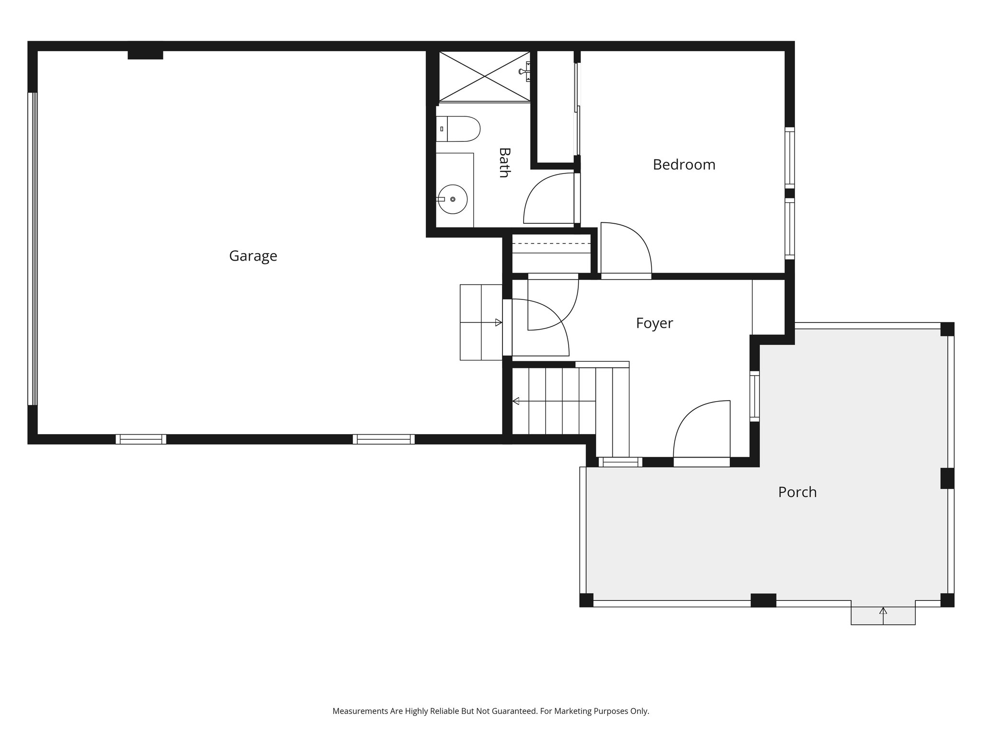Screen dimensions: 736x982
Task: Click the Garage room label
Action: [x=253, y=256]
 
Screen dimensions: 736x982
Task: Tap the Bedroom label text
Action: [x=684, y=165]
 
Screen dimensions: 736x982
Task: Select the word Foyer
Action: [x=654, y=323]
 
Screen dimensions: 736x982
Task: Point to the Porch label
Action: [x=797, y=492]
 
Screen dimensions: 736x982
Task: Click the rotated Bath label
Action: [x=503, y=162]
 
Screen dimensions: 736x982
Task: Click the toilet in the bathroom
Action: [x=458, y=128]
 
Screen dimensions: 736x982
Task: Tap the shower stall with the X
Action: [x=484, y=77]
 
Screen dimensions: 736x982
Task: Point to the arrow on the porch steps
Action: [x=883, y=611]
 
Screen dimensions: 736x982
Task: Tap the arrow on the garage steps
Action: [x=498, y=322]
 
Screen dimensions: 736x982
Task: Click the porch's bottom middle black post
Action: [x=763, y=600]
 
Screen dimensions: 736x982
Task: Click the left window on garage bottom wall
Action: [x=140, y=439]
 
